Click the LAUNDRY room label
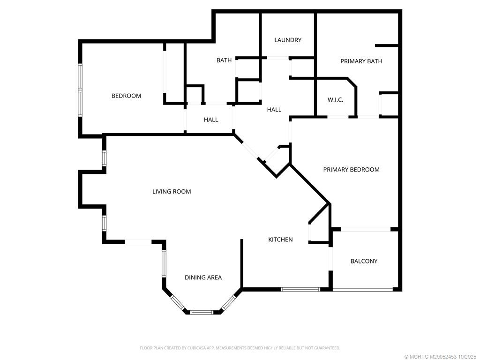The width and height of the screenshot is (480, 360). coord(288,40)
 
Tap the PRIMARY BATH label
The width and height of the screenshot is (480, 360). coord(361,61)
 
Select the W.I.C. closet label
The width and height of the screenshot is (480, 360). coord(335,99)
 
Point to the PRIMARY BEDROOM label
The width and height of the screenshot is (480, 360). coord(351,169)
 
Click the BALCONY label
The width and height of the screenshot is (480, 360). coord(364,261)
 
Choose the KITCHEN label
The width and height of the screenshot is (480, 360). coord(280,240)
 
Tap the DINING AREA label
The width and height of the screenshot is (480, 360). coord(203,277)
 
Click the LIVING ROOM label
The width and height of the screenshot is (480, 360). coord(172,191)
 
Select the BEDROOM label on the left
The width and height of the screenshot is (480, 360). coord(126,96)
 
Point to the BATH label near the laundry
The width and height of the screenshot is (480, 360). coord(224,60)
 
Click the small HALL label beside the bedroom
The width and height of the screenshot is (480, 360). coord(211,120)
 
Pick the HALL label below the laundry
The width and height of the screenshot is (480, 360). coord(274,110)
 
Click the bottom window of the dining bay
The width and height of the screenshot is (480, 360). coord(202,311)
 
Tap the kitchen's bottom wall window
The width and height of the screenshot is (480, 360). coord(300,289)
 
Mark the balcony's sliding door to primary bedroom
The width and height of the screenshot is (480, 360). coord(366,229)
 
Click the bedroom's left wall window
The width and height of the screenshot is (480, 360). coord(80,90)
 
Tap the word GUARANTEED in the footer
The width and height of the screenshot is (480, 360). coord(326,348)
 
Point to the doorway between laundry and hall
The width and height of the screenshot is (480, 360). coord(277,58)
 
